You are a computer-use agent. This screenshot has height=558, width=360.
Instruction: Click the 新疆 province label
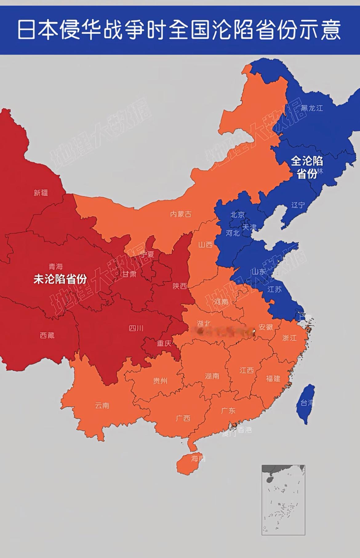pyautogui.click(x=41, y=193)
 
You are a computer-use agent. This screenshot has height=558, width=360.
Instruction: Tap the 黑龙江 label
pyautogui.click(x=312, y=108)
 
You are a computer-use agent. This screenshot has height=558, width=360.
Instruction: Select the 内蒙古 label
pyautogui.click(x=181, y=214)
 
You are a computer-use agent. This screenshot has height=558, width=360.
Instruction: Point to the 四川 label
pyautogui.click(x=136, y=328)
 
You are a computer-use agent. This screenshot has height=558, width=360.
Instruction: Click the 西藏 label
pyautogui.click(x=47, y=335)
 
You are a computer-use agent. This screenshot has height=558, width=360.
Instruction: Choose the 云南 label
pyautogui.click(x=102, y=405)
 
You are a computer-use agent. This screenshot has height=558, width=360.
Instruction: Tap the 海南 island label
pyautogui.click(x=198, y=459)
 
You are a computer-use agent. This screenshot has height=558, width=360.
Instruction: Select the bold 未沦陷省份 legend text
pyautogui.click(x=60, y=279)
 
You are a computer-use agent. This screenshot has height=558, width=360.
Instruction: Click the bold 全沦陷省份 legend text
pyautogui.click(x=307, y=167)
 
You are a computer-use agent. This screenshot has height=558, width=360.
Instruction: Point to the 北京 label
pyautogui.click(x=238, y=215)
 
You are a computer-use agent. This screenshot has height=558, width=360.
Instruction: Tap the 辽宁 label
pyautogui.click(x=298, y=205)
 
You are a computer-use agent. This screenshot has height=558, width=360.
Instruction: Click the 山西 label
pyautogui.click(x=205, y=245)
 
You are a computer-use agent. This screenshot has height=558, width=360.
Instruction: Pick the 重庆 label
pyautogui.click(x=164, y=343)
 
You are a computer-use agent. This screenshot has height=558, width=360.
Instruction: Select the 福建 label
pyautogui.click(x=273, y=378)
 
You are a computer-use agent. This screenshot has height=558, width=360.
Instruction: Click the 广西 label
pyautogui.click(x=183, y=418)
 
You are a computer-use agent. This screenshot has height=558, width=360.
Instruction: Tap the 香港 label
pyautogui.click(x=245, y=430)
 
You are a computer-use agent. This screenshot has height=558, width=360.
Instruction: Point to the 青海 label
pyautogui.click(x=56, y=266)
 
